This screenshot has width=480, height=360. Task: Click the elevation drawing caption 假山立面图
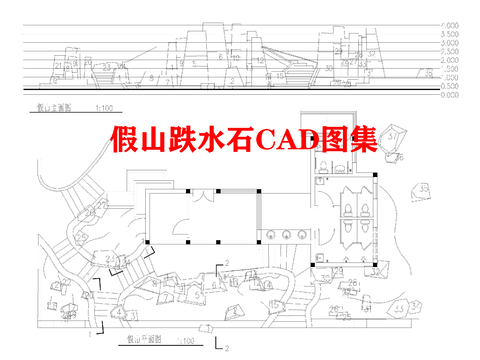52,106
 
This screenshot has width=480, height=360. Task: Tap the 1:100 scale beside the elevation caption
103,106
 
